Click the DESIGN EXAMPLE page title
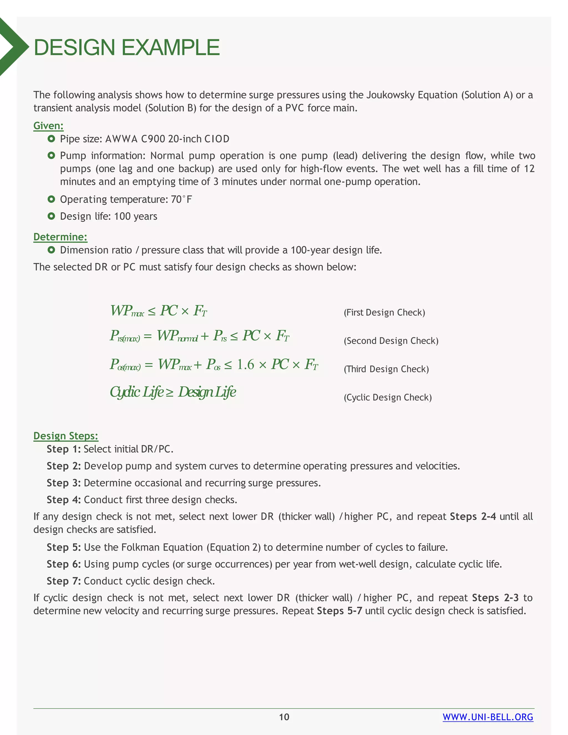coord(126,47)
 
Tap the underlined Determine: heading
coord(60,237)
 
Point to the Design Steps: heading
coord(66,436)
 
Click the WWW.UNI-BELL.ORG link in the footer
coord(488,717)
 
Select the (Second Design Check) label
coord(391,341)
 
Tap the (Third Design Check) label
coord(386,369)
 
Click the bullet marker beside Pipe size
coord(51,139)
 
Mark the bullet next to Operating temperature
coord(51,199)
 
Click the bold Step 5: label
coord(64,547)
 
